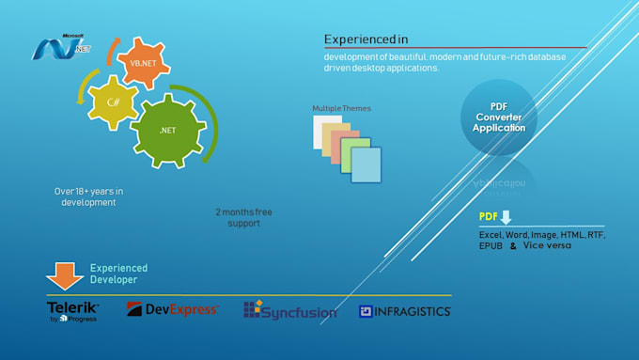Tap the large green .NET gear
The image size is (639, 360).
[x=167, y=131]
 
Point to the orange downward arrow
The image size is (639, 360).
[x=65, y=275]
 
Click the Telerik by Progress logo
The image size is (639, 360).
[x=72, y=311]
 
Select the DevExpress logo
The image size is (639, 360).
[x=173, y=309]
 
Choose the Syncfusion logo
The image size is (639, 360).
[x=289, y=309]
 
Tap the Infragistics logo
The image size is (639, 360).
[x=404, y=311]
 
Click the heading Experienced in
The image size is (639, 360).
[x=366, y=39]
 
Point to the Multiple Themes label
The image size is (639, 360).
[x=341, y=109]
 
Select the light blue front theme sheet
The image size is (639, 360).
[x=366, y=164]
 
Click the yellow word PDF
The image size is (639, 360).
[x=489, y=217]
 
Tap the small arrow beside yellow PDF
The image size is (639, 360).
[x=506, y=217]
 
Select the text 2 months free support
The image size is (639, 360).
[x=243, y=218]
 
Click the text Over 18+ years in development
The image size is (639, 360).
[x=88, y=196]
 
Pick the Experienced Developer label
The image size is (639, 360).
[x=118, y=274]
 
